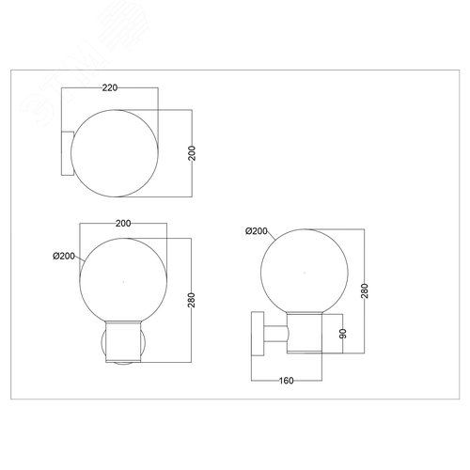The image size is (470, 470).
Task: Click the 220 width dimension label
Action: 110,87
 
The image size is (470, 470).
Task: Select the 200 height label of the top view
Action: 192,153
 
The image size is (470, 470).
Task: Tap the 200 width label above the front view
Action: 123,224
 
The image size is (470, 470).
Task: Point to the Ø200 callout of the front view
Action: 64,256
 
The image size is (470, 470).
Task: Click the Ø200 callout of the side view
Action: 257,231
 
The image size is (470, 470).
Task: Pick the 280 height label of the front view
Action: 192,300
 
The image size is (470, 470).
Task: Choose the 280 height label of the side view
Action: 365,290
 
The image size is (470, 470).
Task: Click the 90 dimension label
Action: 343,334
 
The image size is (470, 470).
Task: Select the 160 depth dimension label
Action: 287,381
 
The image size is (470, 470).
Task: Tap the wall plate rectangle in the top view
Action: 67,153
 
